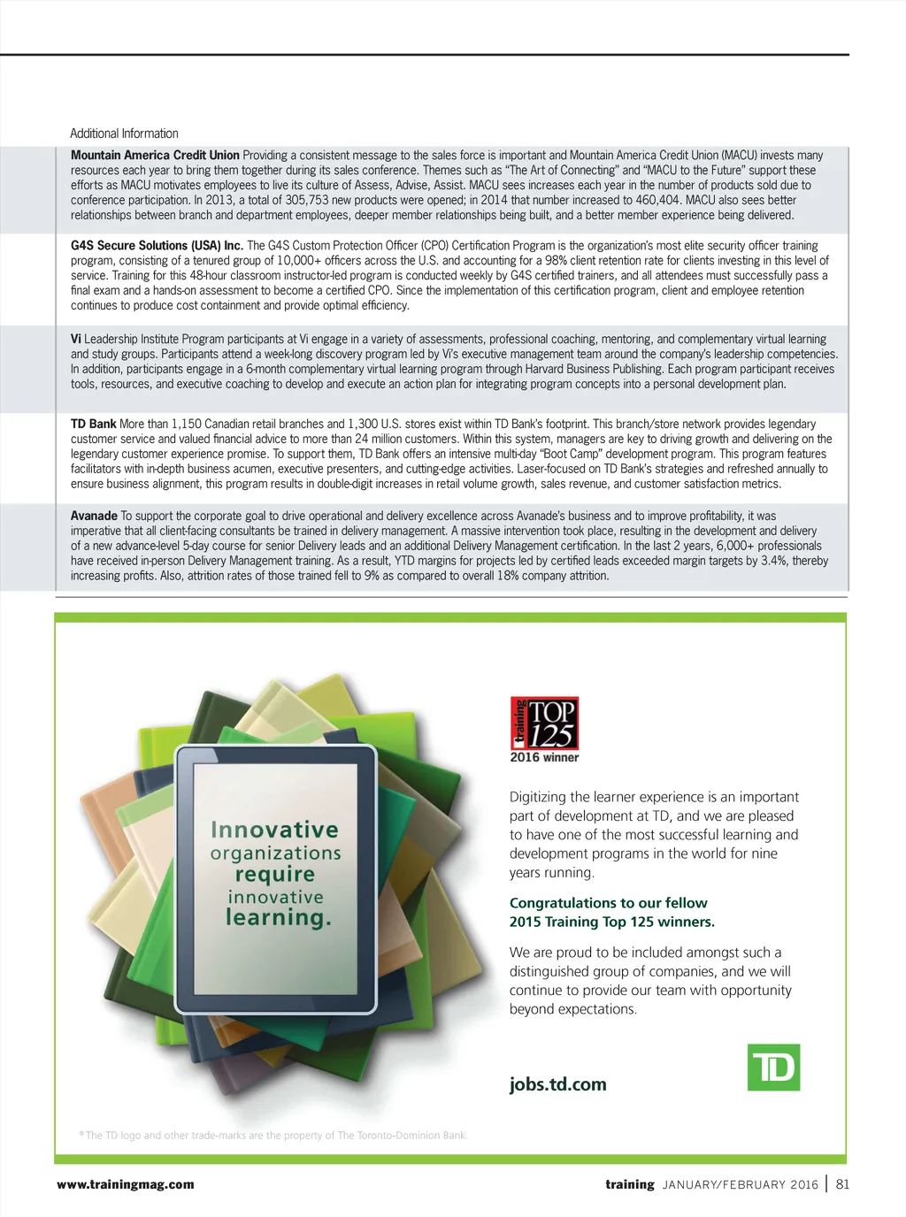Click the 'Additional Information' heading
[124, 134]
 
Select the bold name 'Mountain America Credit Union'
[155, 155]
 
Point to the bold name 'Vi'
[76, 339]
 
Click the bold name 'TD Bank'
[94, 424]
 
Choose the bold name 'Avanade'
[94, 516]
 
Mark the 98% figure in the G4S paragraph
[557, 260]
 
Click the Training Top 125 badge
[544, 723]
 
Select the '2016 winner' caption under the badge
[544, 757]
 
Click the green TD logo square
[773, 1068]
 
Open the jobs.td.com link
[557, 1084]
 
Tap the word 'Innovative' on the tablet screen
[274, 830]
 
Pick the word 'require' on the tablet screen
[275, 874]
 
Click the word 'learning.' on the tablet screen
[278, 918]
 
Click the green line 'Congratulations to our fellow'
[608, 903]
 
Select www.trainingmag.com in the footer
[125, 1184]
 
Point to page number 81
[842, 1184]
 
